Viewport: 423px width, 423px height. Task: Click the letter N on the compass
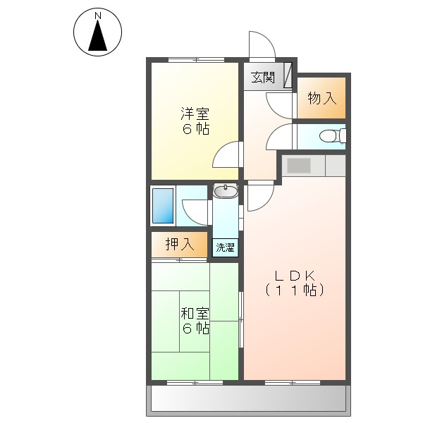click(x=98, y=15)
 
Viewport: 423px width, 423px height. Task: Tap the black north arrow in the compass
click(x=98, y=36)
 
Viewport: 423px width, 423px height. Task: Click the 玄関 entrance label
click(x=264, y=77)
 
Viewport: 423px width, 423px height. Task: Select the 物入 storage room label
click(x=321, y=99)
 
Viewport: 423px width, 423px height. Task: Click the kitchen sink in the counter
click(x=299, y=166)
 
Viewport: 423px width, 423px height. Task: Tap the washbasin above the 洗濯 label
click(x=226, y=191)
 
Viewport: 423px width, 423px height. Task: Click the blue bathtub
click(x=163, y=206)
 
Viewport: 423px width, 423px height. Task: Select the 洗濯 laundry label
click(x=226, y=247)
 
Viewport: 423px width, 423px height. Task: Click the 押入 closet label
click(x=179, y=245)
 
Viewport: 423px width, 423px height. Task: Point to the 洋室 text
click(x=194, y=113)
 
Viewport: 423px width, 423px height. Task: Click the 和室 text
click(x=195, y=312)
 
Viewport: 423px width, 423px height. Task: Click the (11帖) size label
click(x=295, y=289)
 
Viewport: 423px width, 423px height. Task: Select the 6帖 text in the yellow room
click(x=195, y=129)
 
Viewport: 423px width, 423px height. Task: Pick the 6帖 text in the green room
click(x=195, y=329)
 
